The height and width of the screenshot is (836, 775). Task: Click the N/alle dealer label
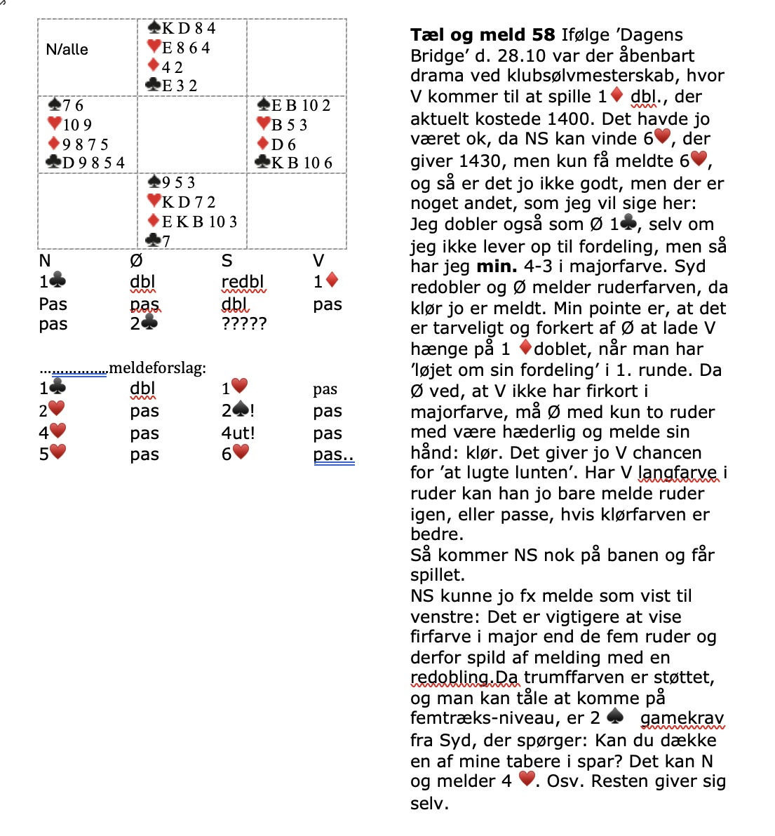(x=67, y=50)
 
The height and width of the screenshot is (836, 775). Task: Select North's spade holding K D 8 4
(x=182, y=28)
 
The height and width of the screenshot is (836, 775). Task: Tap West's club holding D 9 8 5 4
(x=86, y=163)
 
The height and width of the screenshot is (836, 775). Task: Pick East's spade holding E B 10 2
(x=294, y=105)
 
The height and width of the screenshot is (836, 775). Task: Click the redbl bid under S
(x=243, y=282)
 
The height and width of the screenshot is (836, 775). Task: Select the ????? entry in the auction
(x=244, y=324)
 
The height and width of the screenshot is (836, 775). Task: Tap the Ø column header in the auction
(x=136, y=261)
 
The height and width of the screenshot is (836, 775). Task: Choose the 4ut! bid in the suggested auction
(x=238, y=433)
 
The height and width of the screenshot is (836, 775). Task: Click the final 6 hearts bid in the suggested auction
(x=235, y=454)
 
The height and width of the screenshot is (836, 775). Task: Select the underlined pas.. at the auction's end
(x=333, y=454)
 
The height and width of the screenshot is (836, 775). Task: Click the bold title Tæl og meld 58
(x=482, y=34)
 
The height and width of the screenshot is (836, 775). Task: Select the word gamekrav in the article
(x=682, y=718)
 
